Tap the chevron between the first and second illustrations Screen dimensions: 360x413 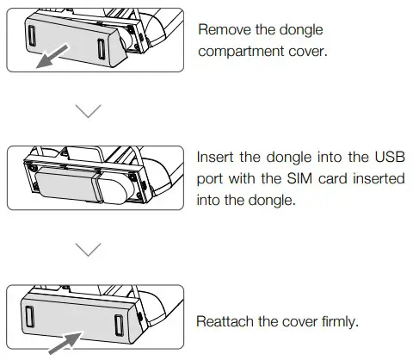coord(89,111)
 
